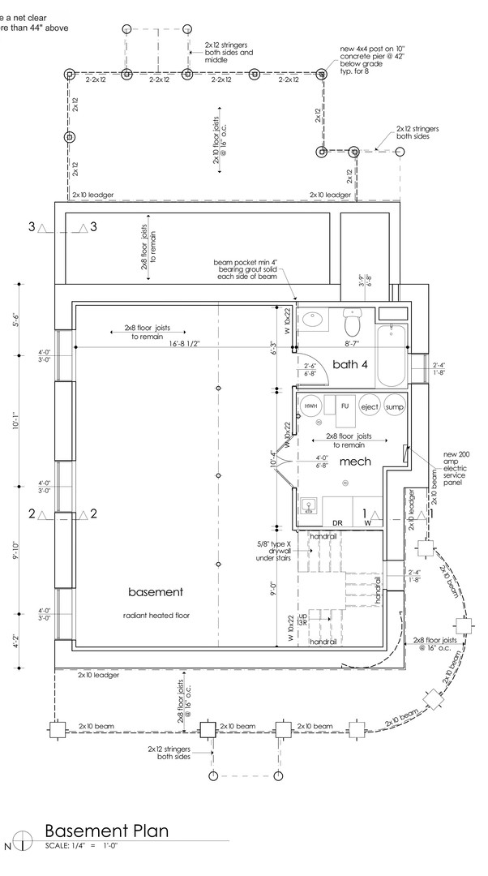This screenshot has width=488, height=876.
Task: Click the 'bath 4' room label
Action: (x=350, y=364)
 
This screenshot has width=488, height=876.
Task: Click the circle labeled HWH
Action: (x=310, y=406)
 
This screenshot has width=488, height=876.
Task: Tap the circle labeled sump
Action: (x=395, y=406)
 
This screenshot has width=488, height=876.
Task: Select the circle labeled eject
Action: (x=370, y=406)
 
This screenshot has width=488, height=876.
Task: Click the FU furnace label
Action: (x=345, y=406)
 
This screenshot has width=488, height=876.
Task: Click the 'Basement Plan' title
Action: (x=106, y=831)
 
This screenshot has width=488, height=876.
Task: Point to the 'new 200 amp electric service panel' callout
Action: (x=457, y=468)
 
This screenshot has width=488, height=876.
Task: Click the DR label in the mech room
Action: (x=337, y=523)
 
